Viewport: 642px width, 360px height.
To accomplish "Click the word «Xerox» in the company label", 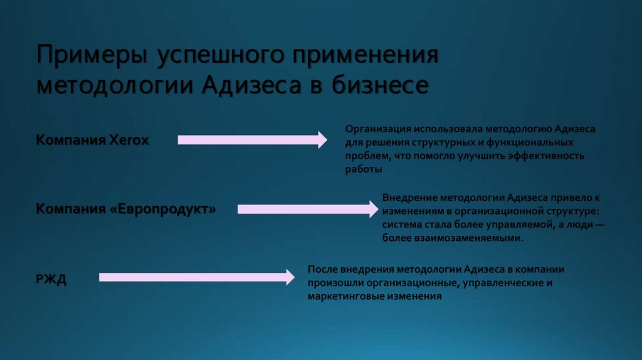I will click(x=129, y=140).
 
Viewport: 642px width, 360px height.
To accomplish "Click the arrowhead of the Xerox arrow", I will click(x=322, y=140).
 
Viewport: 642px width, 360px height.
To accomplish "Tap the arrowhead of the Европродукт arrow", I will click(x=375, y=209).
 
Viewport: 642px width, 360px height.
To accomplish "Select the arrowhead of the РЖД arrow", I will click(x=289, y=277).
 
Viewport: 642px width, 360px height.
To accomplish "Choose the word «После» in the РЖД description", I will click(x=323, y=269).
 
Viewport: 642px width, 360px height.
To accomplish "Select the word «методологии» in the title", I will click(x=115, y=84).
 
